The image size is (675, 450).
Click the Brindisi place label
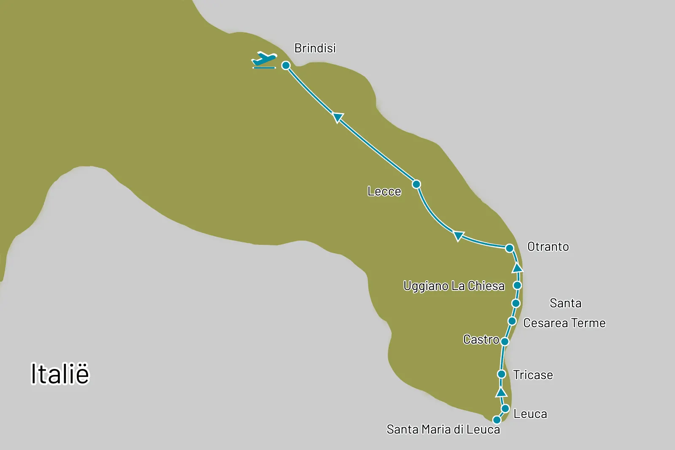(x=315, y=48)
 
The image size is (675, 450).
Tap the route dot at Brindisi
(x=286, y=65)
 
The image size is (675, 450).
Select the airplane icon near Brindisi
(x=265, y=60)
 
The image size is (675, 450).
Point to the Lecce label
(x=384, y=191)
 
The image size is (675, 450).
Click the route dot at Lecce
(x=416, y=184)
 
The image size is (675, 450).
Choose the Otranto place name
(x=548, y=247)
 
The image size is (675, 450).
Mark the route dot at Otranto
(x=509, y=248)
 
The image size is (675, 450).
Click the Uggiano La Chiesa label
(x=454, y=286)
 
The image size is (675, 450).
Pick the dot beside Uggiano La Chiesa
(x=517, y=285)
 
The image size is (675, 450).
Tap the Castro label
(x=481, y=339)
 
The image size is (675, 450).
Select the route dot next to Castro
(x=505, y=341)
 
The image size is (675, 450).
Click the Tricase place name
(x=533, y=375)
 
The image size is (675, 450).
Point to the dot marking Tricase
(x=502, y=374)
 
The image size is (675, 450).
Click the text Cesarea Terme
(x=564, y=323)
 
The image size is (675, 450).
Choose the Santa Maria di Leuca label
(x=443, y=429)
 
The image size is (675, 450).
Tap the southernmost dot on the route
(x=497, y=420)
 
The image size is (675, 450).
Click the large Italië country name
(x=60, y=374)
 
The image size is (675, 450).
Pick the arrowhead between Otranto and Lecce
(x=459, y=236)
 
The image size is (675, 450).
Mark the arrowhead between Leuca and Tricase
(x=501, y=392)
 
